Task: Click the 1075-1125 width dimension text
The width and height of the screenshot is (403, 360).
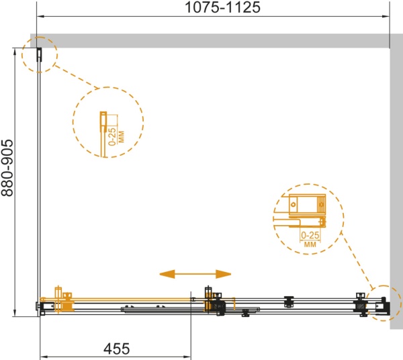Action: [x=222, y=7]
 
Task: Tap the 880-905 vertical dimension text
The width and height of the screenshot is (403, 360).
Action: [x=7, y=168]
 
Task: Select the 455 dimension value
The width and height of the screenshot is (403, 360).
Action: [x=117, y=349]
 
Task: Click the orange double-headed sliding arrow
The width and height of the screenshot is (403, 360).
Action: [x=195, y=274]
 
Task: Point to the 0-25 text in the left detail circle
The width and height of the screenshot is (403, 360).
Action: [x=112, y=137]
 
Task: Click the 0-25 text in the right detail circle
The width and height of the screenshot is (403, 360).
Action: [x=310, y=235]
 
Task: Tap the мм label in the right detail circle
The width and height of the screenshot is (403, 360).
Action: [x=310, y=244]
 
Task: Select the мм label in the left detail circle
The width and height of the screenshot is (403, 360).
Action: [x=121, y=137]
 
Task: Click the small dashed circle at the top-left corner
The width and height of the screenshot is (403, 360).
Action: [x=40, y=54]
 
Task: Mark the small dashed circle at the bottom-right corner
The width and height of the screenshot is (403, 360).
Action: [x=384, y=303]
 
